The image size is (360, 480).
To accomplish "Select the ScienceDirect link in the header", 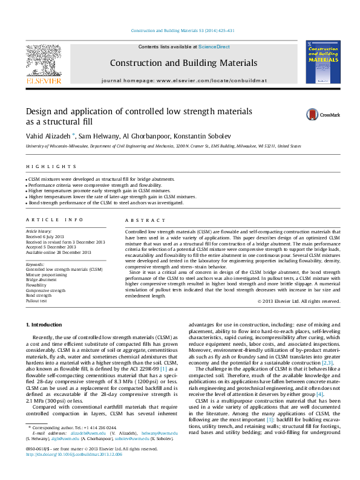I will point(214,47).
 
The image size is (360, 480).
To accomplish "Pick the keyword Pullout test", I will point(36,300).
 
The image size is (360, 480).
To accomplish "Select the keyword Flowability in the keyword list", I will point(37,285).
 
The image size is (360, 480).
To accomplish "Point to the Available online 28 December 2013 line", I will point(58,252).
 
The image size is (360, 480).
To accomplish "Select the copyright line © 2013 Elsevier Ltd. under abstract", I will point(298,301).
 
